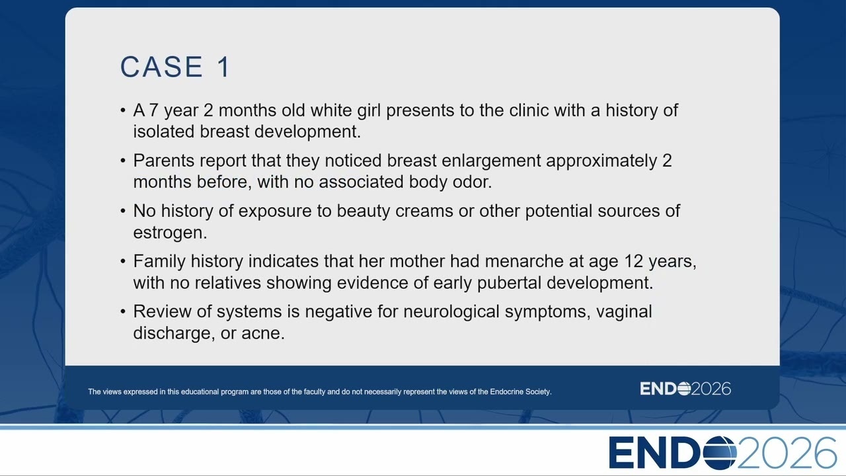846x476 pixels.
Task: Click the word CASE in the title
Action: pos(162,67)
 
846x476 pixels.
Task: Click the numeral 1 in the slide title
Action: pos(223,67)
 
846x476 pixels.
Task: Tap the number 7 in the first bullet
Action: pos(153,110)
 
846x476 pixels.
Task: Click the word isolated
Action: pos(164,132)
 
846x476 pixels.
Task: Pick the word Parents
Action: pos(164,161)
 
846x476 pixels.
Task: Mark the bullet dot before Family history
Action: pos(123,261)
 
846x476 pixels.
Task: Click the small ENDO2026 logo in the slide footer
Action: pos(685,389)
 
